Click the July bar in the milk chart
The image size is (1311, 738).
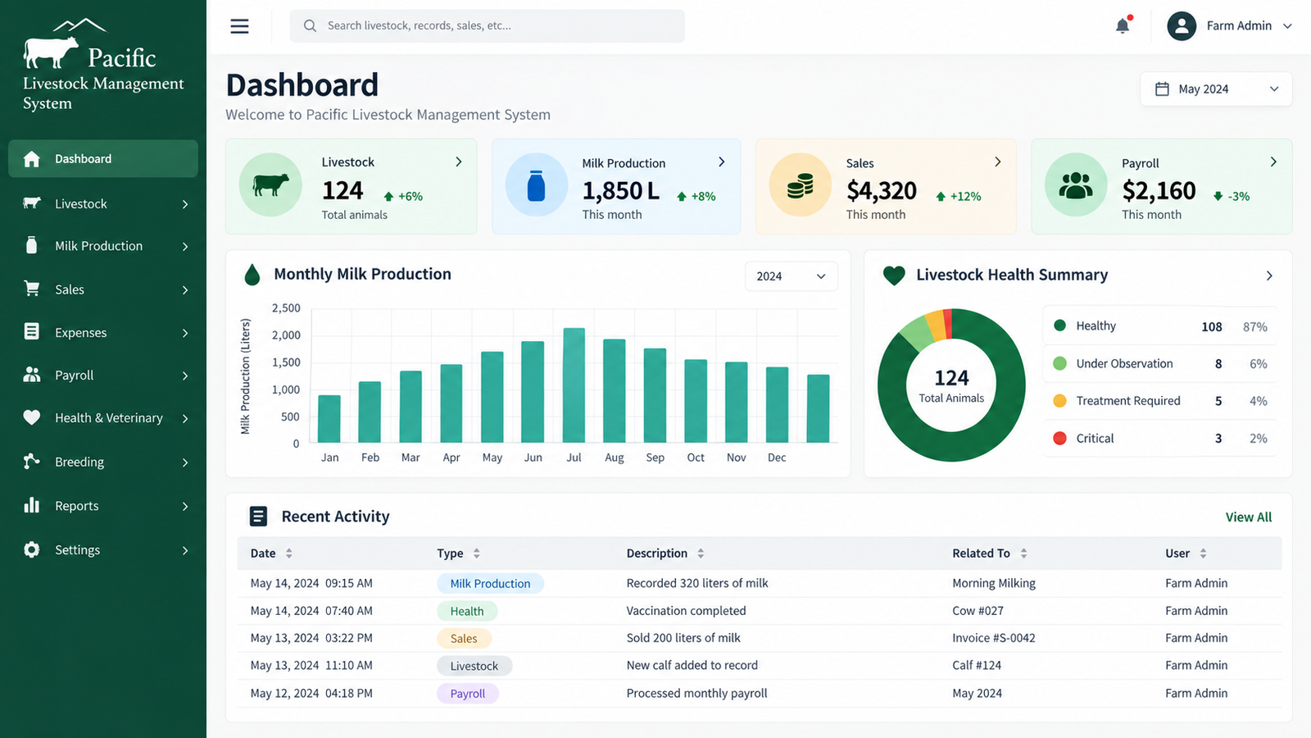click(x=574, y=385)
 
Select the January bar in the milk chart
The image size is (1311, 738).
click(x=329, y=419)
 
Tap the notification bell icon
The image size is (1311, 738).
click(x=1123, y=25)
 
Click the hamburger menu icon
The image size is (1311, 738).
click(x=239, y=25)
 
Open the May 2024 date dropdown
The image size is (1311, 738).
click(x=1216, y=89)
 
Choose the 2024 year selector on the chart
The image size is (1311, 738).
click(x=792, y=276)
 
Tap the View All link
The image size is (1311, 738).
click(x=1249, y=517)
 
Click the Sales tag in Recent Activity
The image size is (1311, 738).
click(x=464, y=639)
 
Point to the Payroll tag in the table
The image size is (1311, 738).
click(x=468, y=694)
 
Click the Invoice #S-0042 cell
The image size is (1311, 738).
click(x=994, y=638)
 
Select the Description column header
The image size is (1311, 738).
click(x=656, y=553)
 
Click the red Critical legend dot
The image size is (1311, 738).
click(x=1059, y=438)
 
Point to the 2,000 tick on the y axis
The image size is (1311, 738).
click(x=286, y=335)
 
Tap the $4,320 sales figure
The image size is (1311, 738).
click(x=882, y=190)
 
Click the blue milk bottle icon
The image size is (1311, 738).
click(x=536, y=185)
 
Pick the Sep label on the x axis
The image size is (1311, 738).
click(x=655, y=458)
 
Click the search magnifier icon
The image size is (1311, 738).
click(x=311, y=25)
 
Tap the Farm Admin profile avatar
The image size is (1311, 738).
click(x=1181, y=25)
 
